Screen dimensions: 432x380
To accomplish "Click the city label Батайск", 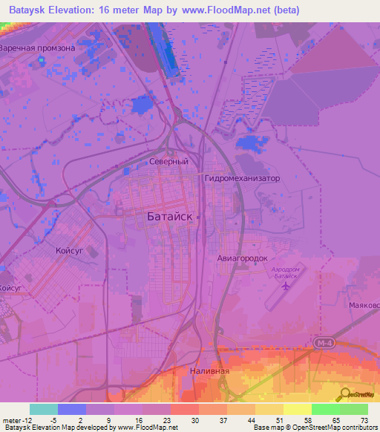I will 166,216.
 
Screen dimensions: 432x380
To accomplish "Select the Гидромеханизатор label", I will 241,179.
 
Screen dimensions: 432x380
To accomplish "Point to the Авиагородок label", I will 241,258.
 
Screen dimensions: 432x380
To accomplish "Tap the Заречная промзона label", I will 37,48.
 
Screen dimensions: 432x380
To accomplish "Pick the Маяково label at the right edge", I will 364,305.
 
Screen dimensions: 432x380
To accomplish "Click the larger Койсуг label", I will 72,252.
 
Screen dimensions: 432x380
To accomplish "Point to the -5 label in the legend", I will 44,420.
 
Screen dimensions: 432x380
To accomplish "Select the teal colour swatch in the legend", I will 44,409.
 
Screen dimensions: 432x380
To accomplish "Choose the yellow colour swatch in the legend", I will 297,409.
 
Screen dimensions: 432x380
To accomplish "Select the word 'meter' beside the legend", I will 12,420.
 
